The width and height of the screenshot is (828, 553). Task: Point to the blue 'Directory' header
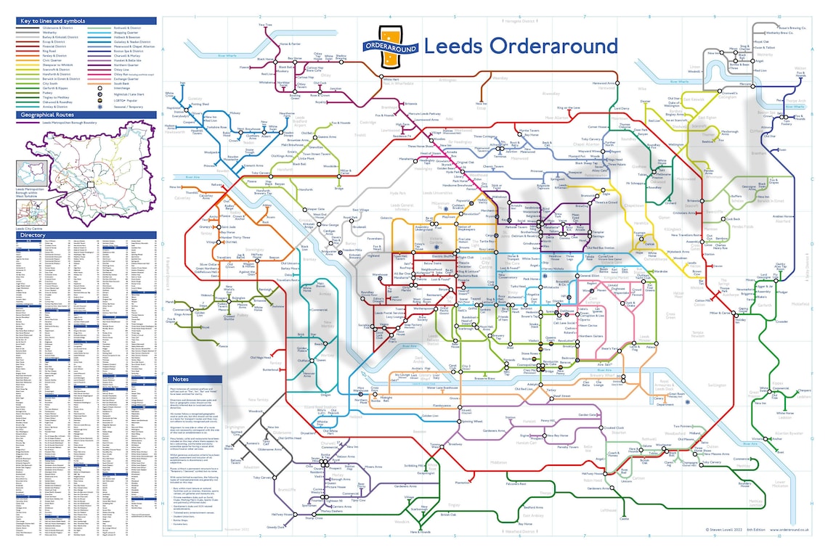tap(33, 235)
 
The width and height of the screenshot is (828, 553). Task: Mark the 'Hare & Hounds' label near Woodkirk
tap(420, 532)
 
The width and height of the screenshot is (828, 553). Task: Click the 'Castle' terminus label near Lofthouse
tap(623, 518)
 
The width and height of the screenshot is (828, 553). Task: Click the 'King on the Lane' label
tap(569, 108)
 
